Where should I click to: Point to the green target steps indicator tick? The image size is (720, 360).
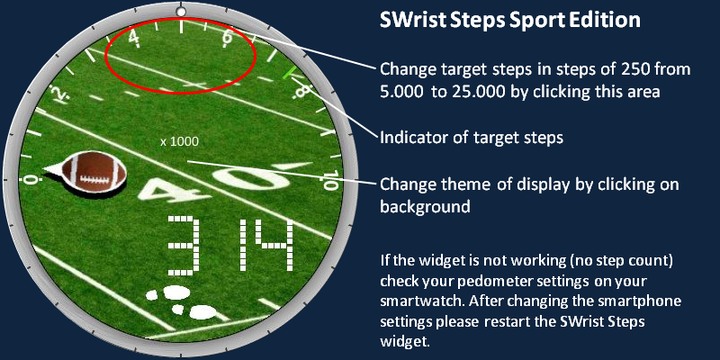[289, 72]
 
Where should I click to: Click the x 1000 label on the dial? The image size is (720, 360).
[179, 142]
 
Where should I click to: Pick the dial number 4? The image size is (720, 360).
[133, 39]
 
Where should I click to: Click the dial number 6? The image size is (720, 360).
[227, 39]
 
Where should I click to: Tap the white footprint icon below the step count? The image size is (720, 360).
[182, 301]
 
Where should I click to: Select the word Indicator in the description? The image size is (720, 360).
[417, 138]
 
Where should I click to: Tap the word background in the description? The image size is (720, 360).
[425, 206]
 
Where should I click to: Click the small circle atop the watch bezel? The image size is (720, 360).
[182, 10]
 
